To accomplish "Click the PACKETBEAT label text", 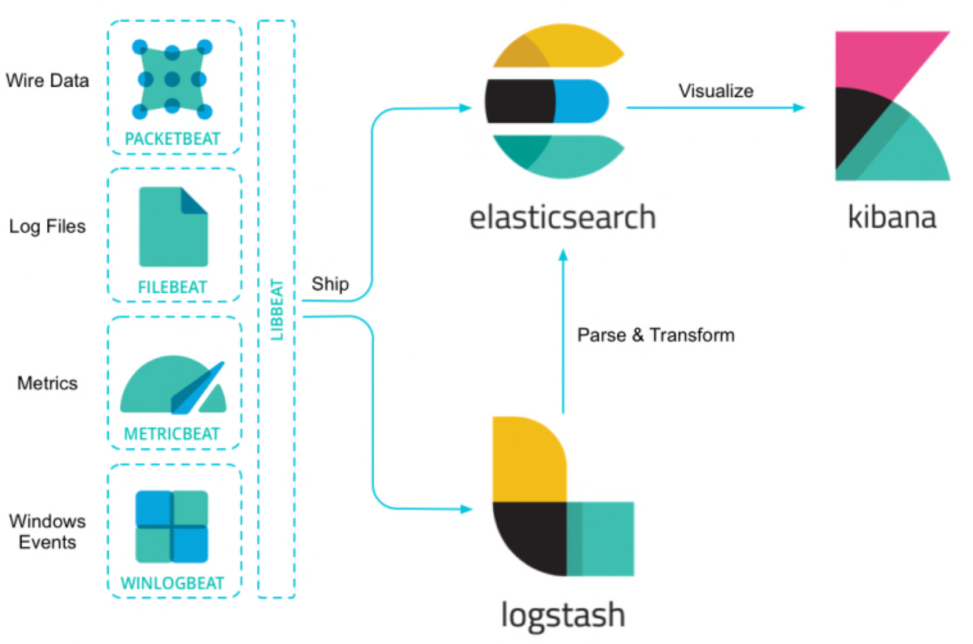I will (x=174, y=139).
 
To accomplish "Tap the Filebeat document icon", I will (x=173, y=226).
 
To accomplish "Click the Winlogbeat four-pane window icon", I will (x=172, y=526).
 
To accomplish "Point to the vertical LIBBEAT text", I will (x=277, y=309).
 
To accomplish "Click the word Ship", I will (x=329, y=284).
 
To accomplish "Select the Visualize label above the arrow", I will (x=716, y=91).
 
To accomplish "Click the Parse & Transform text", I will (x=656, y=335).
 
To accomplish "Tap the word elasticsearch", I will (x=562, y=217).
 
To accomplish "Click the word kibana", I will (x=893, y=217).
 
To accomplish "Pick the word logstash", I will (x=562, y=614).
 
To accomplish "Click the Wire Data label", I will (x=47, y=80).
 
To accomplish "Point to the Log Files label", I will (x=47, y=226).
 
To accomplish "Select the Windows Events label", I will (x=47, y=532).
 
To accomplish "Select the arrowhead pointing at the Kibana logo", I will (x=799, y=108).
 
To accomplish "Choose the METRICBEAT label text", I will (x=172, y=434).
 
